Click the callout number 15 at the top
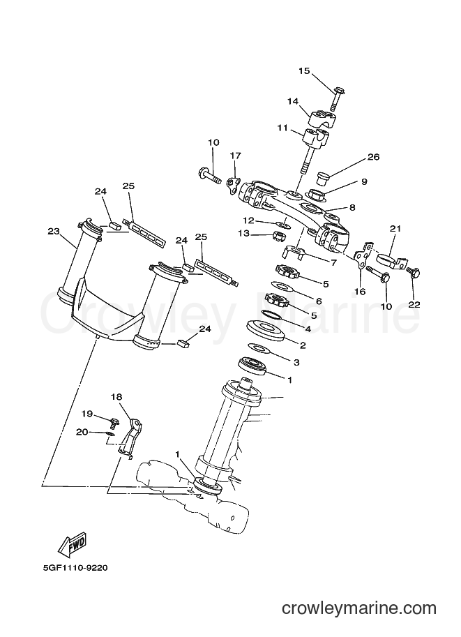tap(304, 71)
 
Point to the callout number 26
tap(373, 157)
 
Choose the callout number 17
tap(236, 156)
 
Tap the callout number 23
tap(54, 232)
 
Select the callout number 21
tap(395, 228)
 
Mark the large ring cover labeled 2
tap(265, 329)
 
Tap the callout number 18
tap(116, 397)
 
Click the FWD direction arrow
tap(73, 543)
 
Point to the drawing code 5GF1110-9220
tap(75, 567)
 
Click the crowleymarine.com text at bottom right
tap(359, 608)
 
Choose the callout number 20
tap(82, 432)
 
